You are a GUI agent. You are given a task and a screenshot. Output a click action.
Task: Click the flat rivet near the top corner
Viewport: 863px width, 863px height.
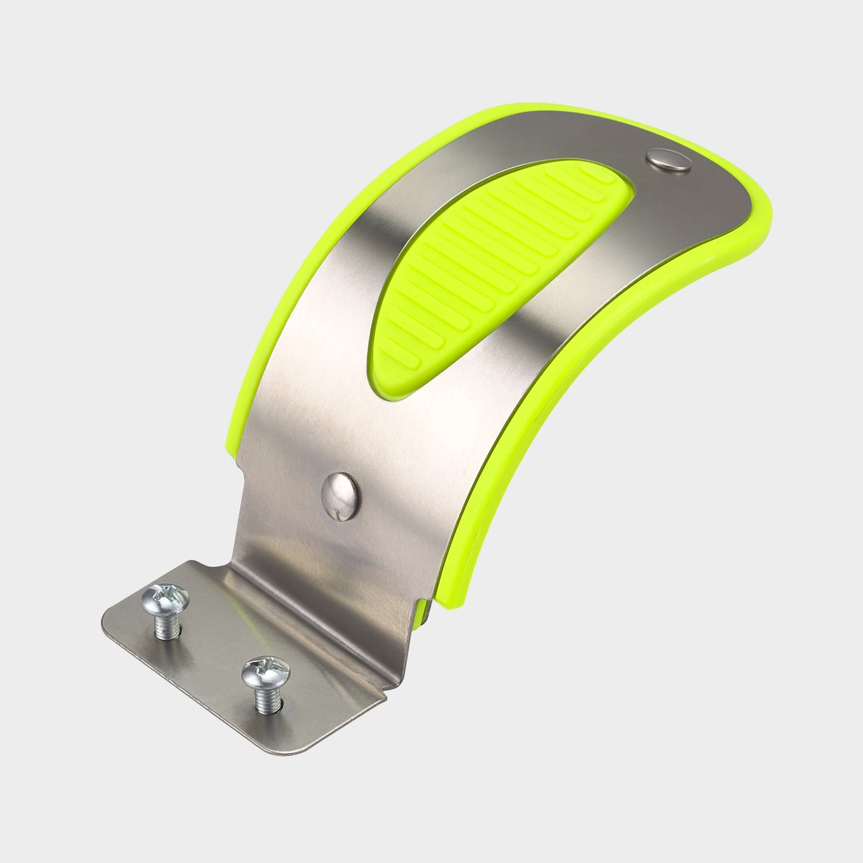pyautogui.click(x=669, y=160)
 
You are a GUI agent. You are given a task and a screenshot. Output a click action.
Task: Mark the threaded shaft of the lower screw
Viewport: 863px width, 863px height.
pyautogui.click(x=265, y=699)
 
